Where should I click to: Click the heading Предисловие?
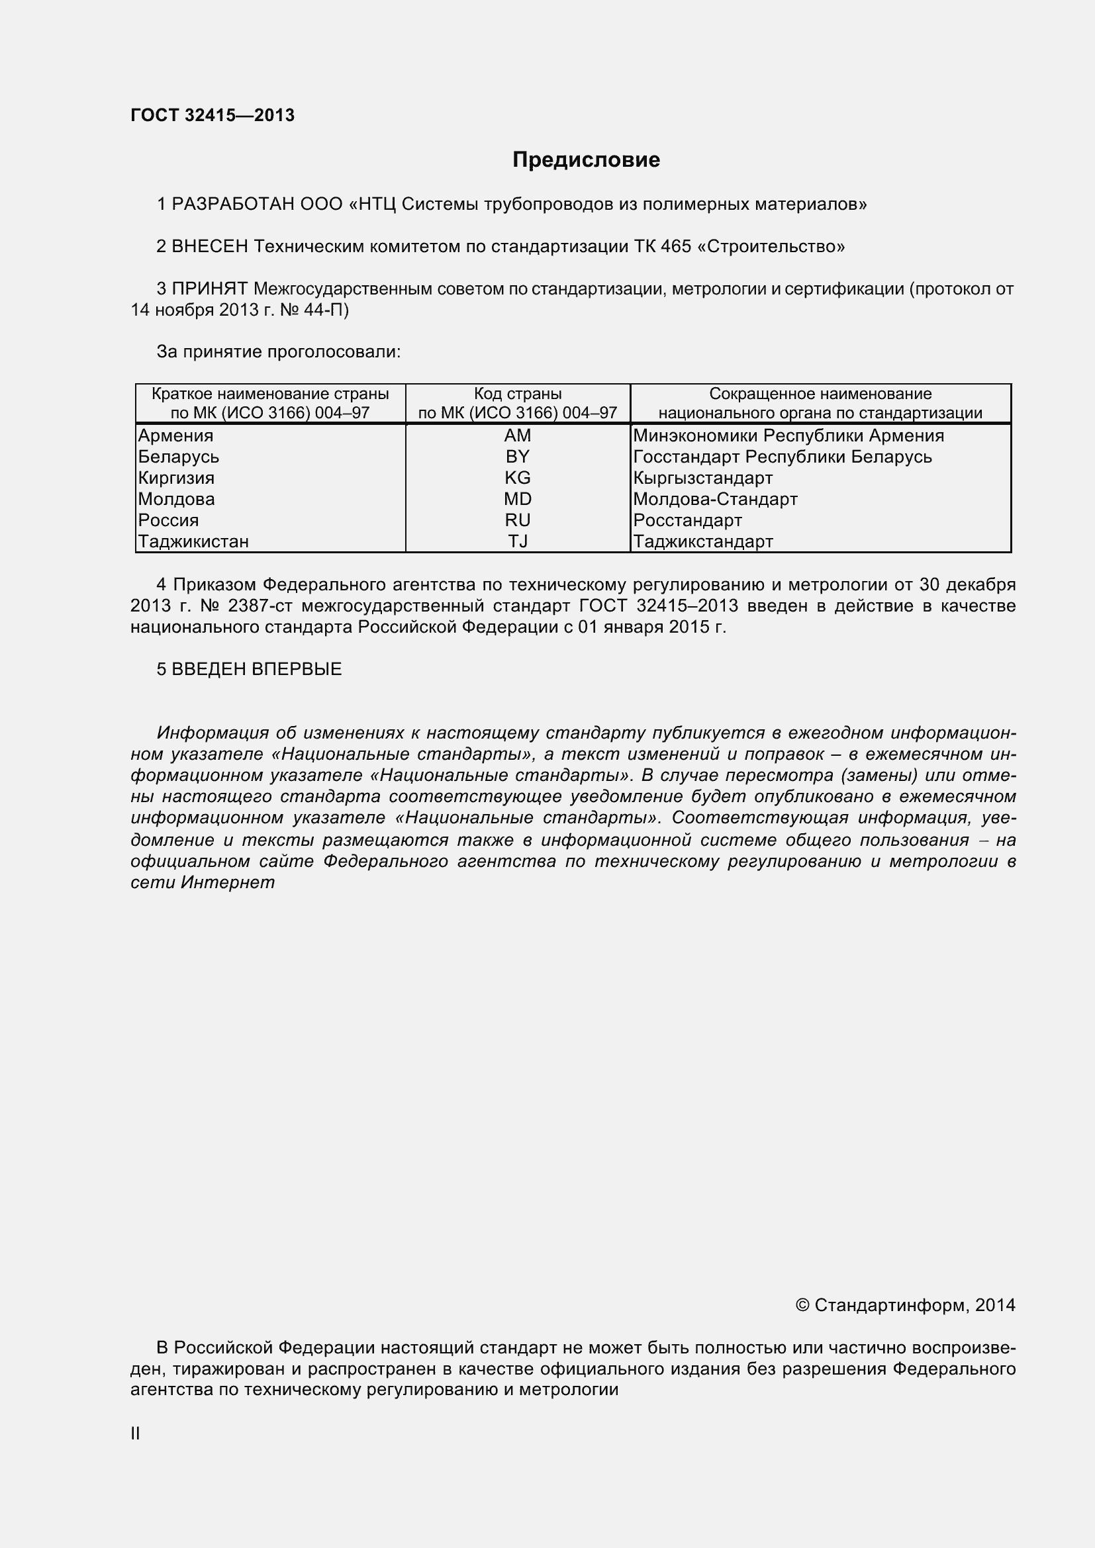point(586,159)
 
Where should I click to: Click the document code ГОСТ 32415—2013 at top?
point(213,115)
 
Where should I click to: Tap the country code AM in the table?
point(517,435)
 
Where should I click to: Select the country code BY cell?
point(517,457)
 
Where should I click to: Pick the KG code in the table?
point(517,478)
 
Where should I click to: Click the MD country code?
point(517,499)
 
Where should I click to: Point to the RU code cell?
point(517,520)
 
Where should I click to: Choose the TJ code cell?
point(517,541)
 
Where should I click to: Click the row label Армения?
point(175,435)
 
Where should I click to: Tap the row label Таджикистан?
point(193,541)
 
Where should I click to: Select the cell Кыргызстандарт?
point(702,478)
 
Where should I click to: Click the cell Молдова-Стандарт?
point(715,499)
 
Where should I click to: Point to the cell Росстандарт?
point(687,520)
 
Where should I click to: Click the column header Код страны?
point(517,394)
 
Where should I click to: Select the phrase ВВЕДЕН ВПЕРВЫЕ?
point(256,669)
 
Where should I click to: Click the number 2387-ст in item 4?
point(260,606)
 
